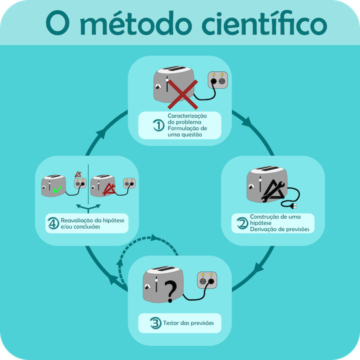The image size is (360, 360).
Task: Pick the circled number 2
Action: [x=241, y=223]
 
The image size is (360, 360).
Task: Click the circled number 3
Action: [x=156, y=323]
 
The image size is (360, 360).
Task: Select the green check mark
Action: [x=58, y=189]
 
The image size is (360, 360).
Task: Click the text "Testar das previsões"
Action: [x=188, y=323]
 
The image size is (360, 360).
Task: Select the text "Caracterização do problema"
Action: [x=187, y=119]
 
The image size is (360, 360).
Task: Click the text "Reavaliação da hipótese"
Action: [x=92, y=220]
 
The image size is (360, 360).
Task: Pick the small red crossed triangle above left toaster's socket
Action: [x=78, y=174]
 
